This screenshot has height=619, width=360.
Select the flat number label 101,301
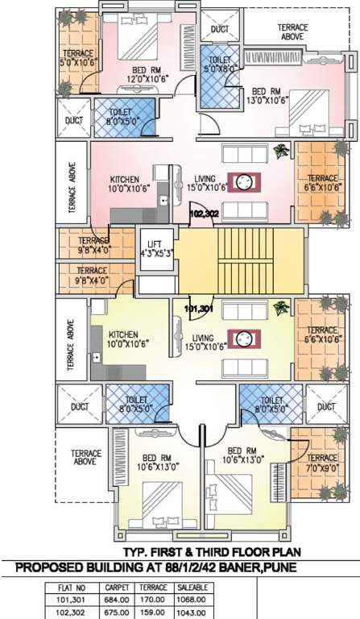[x=197, y=308]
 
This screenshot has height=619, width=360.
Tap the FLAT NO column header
[x=72, y=588]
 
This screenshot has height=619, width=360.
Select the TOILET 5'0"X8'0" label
[x=221, y=64]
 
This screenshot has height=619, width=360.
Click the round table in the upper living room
[x=248, y=181]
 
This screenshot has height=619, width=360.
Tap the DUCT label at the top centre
[x=219, y=29]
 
